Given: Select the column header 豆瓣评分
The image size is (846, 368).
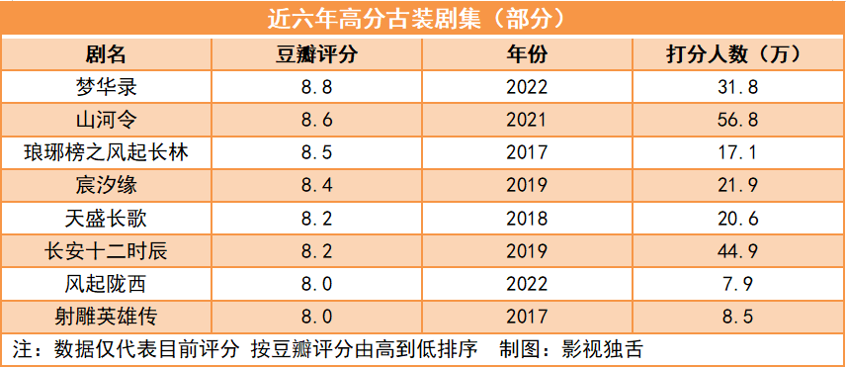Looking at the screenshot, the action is coord(316,54).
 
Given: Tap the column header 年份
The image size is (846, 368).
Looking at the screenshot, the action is coord(527,54).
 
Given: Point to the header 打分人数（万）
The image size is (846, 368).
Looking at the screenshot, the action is coord(739,54).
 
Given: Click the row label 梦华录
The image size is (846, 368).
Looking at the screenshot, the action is coord(106,87).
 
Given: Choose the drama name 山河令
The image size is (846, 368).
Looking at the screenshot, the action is coord(106,120).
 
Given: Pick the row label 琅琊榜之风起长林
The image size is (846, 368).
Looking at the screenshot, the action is coord(106,153).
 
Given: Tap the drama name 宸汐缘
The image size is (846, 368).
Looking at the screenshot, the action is coord(106,186).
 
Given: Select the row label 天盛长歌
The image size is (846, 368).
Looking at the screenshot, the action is coord(106,219).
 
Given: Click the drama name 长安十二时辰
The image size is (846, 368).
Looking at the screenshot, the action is coord(106,251).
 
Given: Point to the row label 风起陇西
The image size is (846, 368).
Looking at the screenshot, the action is coord(106,284).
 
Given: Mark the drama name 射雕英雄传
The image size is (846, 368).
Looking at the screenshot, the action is coord(106,318).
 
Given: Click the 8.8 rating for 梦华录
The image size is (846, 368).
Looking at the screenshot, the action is coord(316,87).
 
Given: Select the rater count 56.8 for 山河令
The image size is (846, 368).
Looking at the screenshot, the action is coord(739,121).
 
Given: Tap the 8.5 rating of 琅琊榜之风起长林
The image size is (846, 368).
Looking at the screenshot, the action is coord(316,153).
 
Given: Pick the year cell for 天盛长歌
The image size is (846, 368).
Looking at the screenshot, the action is coord(527,219).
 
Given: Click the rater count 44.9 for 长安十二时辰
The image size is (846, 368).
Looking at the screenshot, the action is coord(739,252).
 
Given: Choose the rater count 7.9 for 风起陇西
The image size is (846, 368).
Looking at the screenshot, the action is coord(739,285).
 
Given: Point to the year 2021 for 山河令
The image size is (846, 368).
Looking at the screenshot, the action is coord(527,121).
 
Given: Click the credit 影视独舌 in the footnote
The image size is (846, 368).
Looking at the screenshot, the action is coord(603,350).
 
